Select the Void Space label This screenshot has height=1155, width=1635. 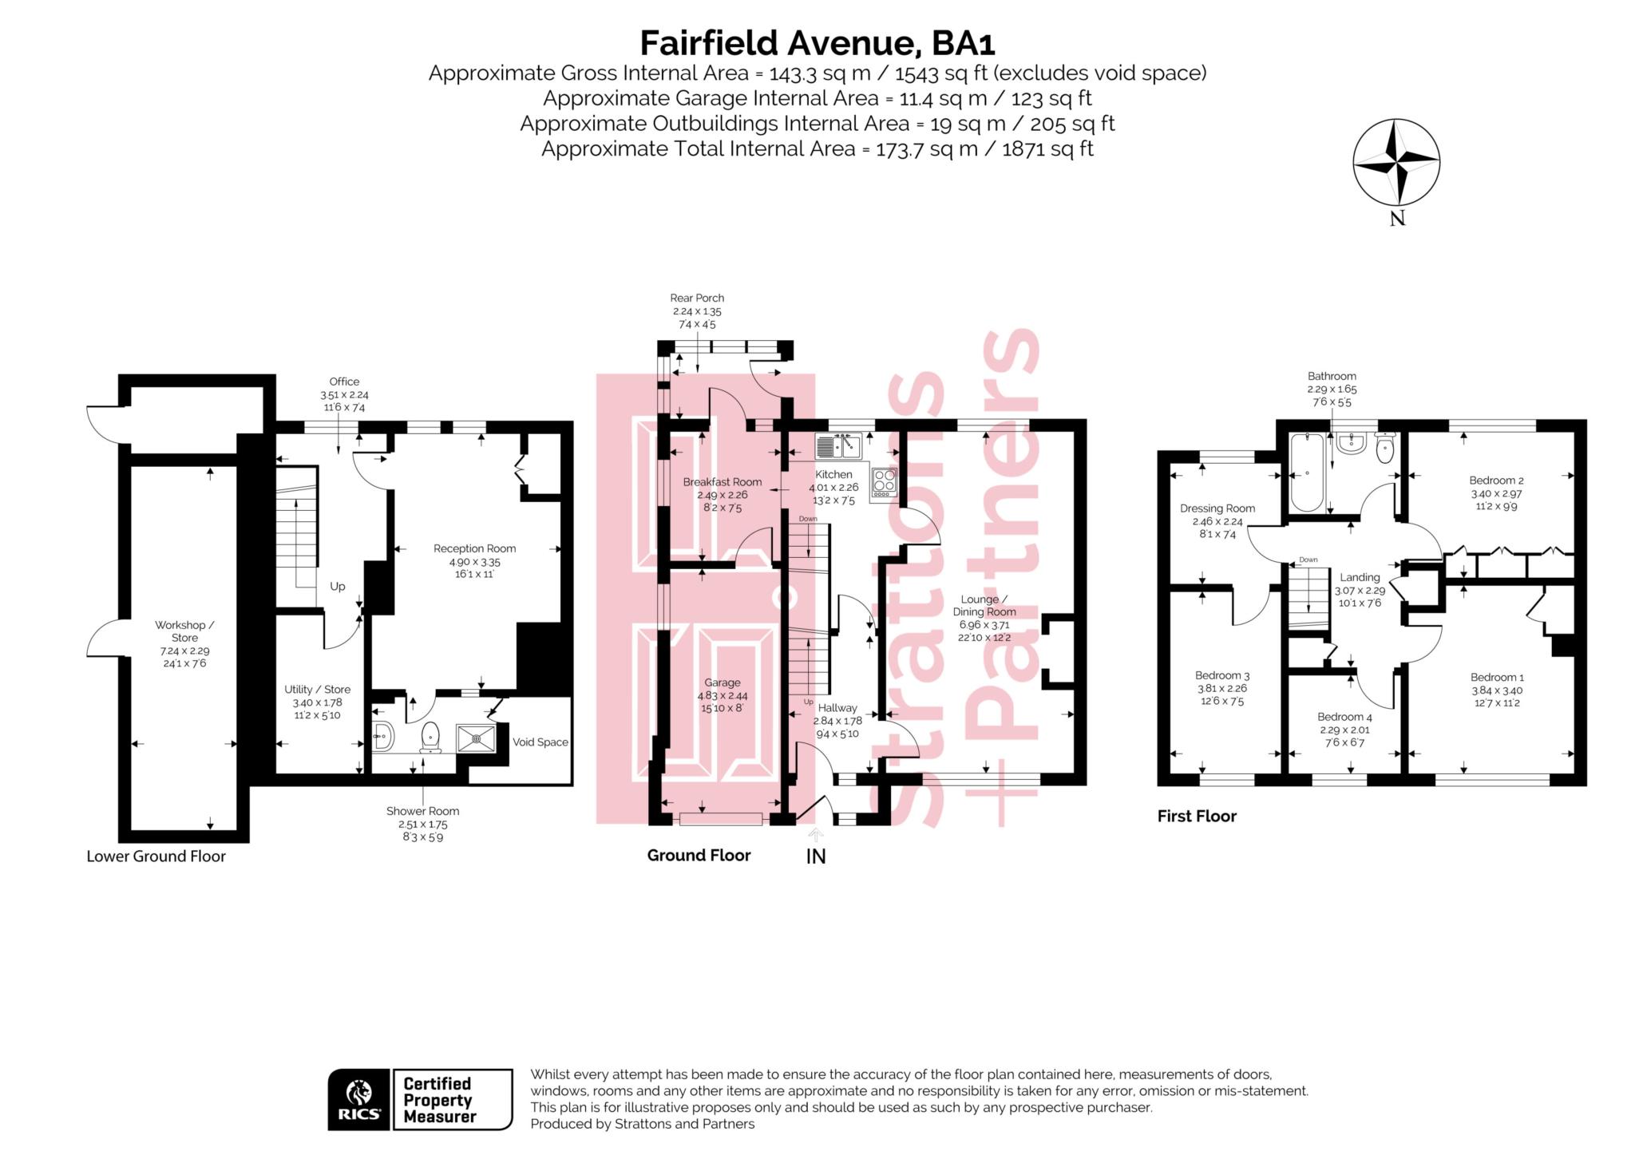click(540, 742)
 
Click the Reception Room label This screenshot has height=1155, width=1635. click(474, 548)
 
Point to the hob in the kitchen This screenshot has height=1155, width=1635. click(885, 482)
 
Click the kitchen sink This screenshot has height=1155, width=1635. click(837, 446)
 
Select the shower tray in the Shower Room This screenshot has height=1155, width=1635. click(476, 738)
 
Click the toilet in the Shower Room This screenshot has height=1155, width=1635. click(430, 738)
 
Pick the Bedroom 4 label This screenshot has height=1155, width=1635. click(1344, 717)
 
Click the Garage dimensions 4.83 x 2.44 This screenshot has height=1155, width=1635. click(722, 695)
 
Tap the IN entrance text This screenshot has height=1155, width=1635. click(816, 856)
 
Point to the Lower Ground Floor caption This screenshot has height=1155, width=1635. click(156, 856)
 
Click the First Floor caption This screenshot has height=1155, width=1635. click(1197, 816)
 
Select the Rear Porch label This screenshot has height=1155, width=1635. click(697, 298)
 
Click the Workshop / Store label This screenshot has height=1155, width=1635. click(184, 631)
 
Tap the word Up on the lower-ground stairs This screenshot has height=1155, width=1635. click(338, 587)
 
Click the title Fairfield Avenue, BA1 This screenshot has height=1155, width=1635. click(817, 42)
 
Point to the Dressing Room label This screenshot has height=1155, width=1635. click(1217, 508)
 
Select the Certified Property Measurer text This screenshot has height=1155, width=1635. click(438, 1100)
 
